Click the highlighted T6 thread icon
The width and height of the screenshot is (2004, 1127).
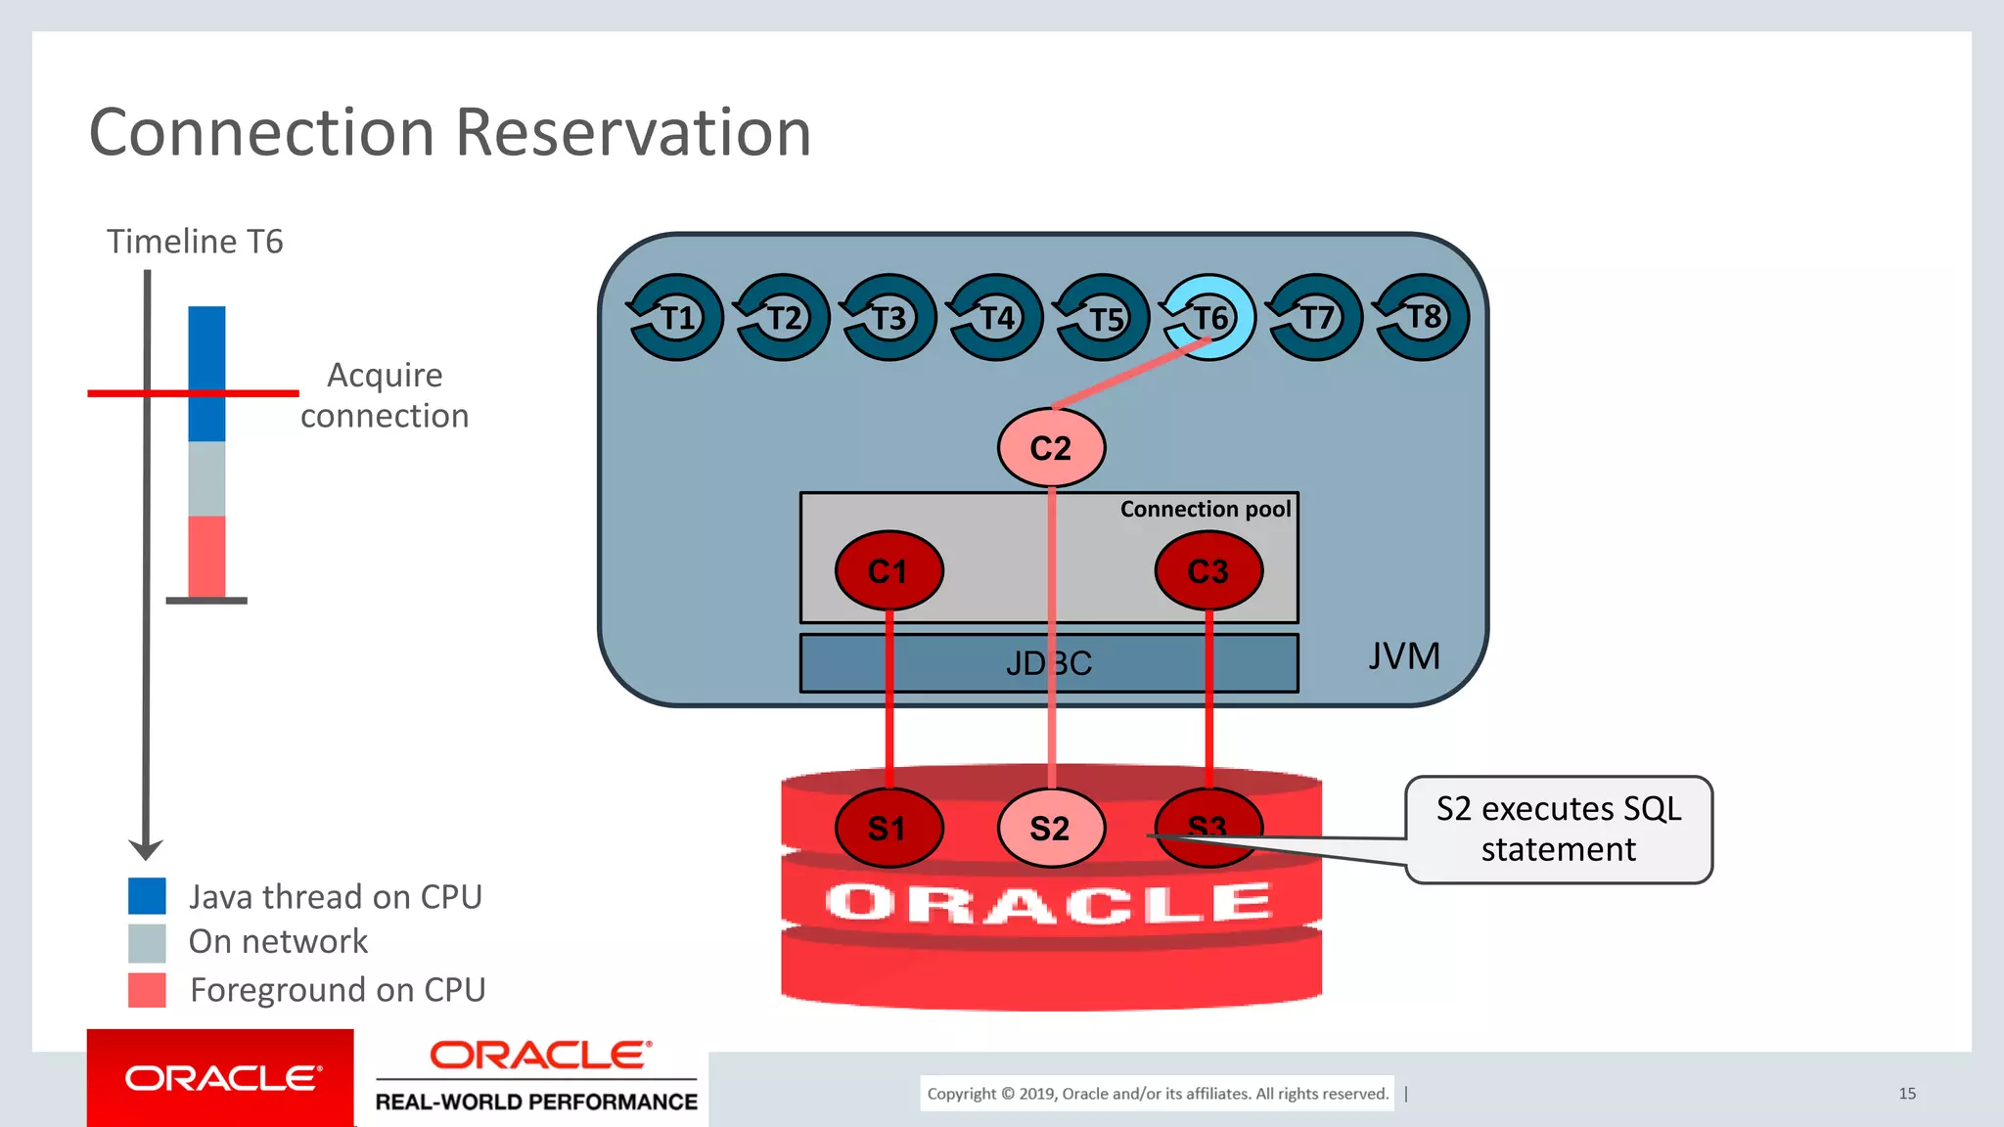[1208, 317]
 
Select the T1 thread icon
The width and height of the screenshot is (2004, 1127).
[675, 317]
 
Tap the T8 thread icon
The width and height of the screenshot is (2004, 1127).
[1422, 317]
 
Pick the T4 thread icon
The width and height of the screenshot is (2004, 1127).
[995, 317]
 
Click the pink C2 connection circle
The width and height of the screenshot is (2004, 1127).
[1051, 448]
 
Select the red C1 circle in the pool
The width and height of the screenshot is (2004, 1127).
[888, 570]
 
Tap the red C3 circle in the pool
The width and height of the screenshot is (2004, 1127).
[1207, 570]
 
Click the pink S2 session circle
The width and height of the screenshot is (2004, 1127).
[1051, 828]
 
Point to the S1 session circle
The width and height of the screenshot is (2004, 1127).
[888, 828]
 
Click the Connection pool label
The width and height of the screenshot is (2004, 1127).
[1205, 509]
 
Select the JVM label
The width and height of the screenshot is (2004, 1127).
[1403, 655]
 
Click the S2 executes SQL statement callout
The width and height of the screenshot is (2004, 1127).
[1558, 830]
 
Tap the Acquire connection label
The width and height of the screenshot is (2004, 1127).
[385, 395]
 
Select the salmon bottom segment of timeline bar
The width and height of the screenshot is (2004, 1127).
[206, 556]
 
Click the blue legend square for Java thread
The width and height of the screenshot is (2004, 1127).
[147, 896]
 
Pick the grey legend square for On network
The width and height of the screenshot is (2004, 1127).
[147, 943]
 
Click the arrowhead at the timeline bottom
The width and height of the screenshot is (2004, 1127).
[146, 848]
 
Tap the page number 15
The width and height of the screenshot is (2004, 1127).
[1906, 1094]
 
